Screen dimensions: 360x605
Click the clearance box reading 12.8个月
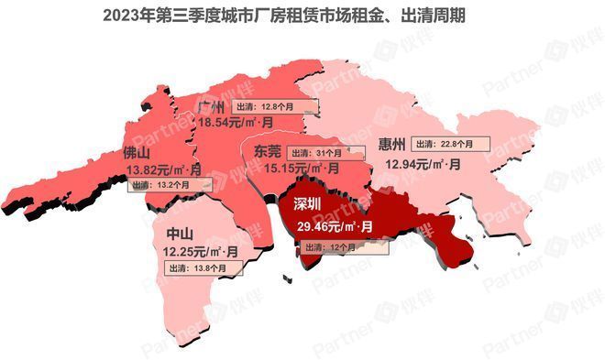[x=273, y=106]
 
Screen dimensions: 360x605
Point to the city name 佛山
[x=137, y=155]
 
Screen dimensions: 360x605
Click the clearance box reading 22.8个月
[x=449, y=144]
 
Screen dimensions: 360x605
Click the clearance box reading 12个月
[x=345, y=246]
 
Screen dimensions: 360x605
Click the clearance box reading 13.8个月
[x=203, y=267]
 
